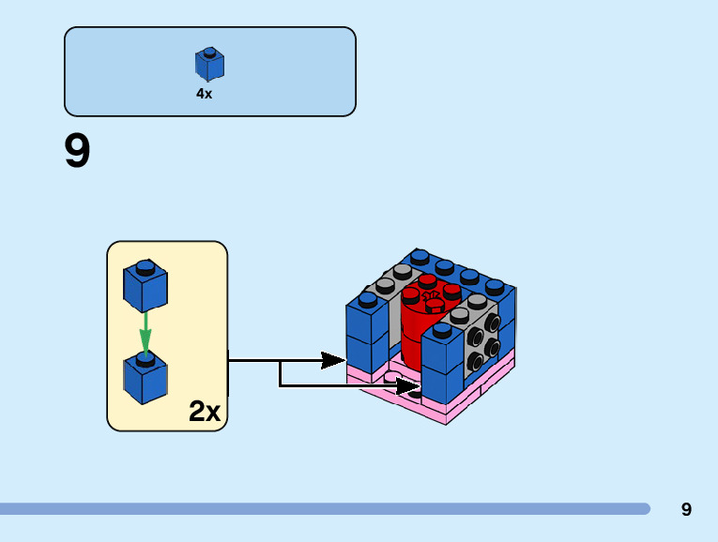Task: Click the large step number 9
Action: click(77, 152)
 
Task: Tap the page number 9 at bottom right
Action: click(686, 510)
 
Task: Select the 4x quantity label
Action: click(204, 94)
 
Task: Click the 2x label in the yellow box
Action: click(205, 411)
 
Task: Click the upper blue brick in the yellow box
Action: click(145, 285)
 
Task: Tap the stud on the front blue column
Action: click(442, 330)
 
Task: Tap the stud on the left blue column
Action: click(367, 299)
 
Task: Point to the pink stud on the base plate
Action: click(391, 378)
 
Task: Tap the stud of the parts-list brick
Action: click(209, 53)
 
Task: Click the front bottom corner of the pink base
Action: click(447, 420)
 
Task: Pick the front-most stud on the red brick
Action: click(435, 303)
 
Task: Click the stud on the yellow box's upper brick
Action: click(145, 267)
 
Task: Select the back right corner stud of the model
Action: click(495, 286)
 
